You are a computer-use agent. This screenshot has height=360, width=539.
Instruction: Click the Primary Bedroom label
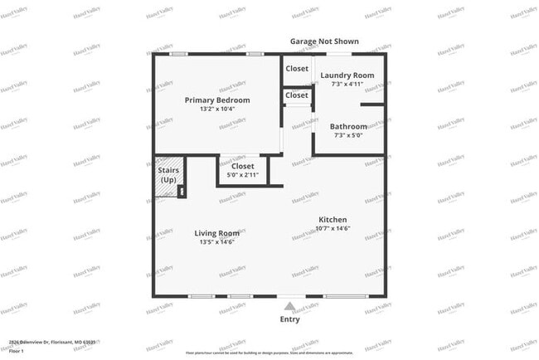216,100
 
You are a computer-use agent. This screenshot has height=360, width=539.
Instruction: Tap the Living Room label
217,233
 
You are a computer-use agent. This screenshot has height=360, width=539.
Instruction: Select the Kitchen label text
333,219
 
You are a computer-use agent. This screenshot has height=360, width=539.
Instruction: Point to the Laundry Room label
347,75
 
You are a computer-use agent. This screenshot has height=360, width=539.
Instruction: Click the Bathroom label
348,127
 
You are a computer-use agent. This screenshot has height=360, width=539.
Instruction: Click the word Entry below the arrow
289,319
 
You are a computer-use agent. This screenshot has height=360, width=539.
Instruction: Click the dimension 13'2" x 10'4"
217,109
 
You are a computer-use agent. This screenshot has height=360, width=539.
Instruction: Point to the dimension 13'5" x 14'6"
217,241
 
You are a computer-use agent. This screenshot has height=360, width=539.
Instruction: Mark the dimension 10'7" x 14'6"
333,227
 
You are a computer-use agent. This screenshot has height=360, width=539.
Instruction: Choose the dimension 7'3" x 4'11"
347,84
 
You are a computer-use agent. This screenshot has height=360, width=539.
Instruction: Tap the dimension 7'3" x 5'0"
348,135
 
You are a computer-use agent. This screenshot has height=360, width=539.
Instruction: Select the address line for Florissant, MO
52,342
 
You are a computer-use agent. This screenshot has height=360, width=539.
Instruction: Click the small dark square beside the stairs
181,192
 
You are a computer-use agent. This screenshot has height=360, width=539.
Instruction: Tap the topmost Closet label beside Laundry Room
297,69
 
